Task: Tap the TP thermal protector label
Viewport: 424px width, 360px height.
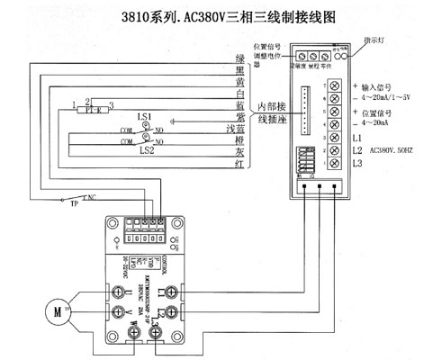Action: click(75, 204)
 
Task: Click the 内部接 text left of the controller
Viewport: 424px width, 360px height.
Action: click(271, 107)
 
